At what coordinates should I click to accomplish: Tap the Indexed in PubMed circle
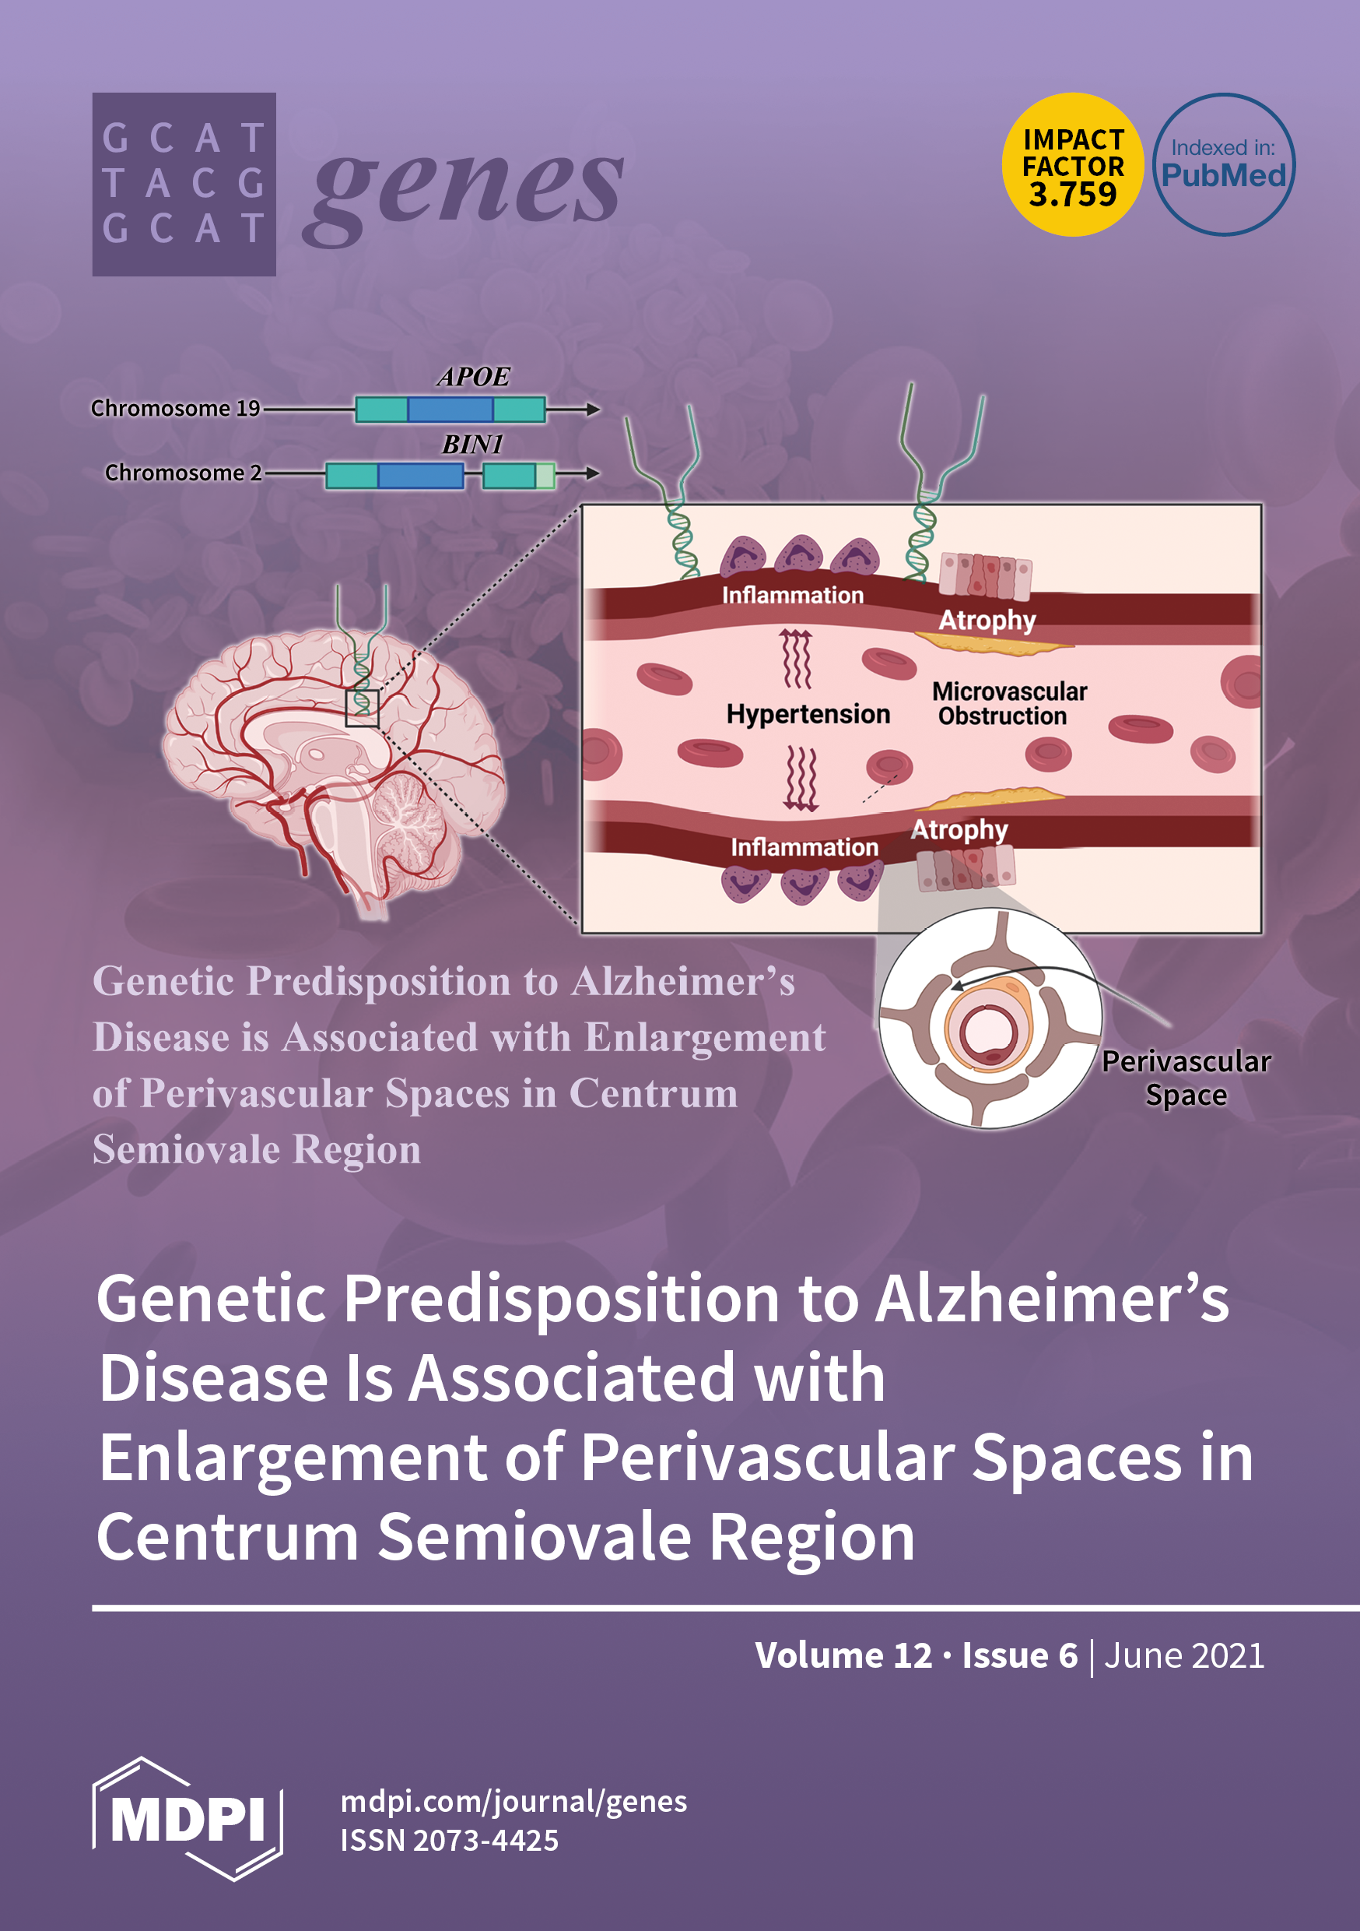point(1223,165)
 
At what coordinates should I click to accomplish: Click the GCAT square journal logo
point(184,185)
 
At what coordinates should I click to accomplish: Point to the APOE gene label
point(473,377)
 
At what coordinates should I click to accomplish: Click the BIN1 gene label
point(472,444)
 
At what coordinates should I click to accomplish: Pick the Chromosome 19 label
point(176,409)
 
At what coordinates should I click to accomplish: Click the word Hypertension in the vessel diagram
point(808,714)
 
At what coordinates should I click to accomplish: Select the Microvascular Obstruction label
point(1008,703)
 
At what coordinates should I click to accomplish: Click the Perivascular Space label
point(1185,1078)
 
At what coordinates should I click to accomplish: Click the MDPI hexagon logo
point(188,1818)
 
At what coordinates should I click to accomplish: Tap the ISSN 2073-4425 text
point(450,1840)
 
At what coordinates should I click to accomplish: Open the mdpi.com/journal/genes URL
point(514,1802)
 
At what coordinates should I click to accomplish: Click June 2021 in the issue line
point(1183,1655)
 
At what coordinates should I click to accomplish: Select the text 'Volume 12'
point(843,1655)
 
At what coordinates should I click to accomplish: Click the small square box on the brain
point(363,708)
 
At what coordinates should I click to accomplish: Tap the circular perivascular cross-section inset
point(990,1018)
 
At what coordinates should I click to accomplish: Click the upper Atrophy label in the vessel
point(987,620)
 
